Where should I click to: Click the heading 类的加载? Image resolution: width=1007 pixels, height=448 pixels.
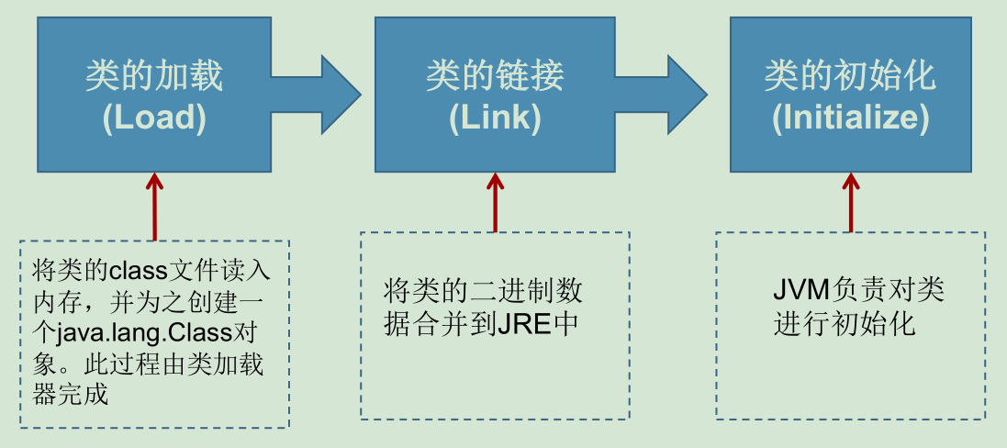click(x=154, y=76)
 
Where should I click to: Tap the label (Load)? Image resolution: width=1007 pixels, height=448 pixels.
click(x=154, y=118)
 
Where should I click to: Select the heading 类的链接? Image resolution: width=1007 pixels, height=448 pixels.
click(x=495, y=76)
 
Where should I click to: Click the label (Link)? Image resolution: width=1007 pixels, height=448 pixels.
click(x=495, y=118)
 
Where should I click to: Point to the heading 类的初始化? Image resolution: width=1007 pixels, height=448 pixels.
click(x=850, y=76)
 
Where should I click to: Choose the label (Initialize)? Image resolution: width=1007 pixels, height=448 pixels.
click(x=850, y=118)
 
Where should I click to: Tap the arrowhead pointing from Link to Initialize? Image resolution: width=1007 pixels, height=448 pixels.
click(x=684, y=93)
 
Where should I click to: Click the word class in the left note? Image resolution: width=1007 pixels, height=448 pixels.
click(x=136, y=272)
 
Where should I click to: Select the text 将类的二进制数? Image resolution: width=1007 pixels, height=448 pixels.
click(x=483, y=292)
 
